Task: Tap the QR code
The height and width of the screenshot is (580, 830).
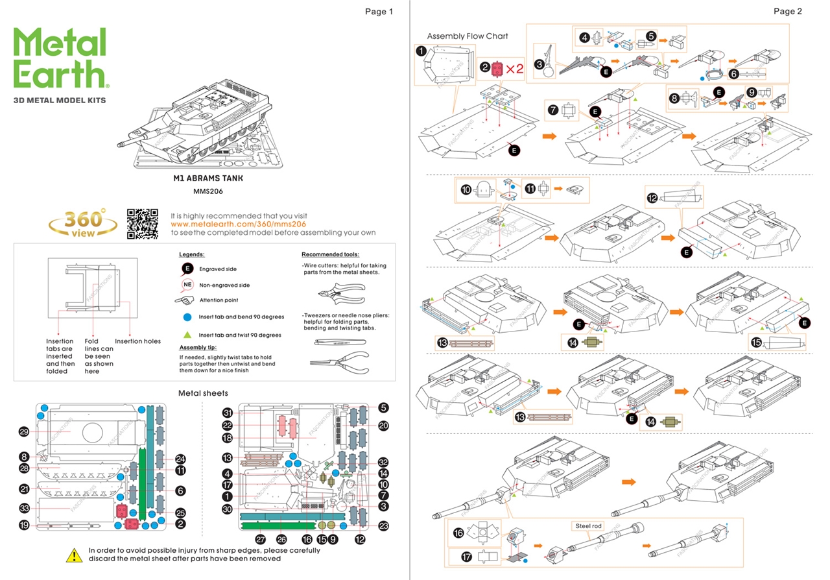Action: (142, 223)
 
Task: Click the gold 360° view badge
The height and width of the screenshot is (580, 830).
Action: (83, 224)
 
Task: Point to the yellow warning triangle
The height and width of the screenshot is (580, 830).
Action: (74, 555)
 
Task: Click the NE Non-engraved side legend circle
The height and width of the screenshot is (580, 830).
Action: (187, 285)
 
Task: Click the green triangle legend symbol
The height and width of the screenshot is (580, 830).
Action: (187, 335)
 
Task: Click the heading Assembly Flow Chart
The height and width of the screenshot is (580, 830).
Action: (468, 36)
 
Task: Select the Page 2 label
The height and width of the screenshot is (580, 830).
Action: (788, 11)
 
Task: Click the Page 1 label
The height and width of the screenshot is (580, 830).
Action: (379, 11)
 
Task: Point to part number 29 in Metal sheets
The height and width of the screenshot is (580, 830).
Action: (25, 432)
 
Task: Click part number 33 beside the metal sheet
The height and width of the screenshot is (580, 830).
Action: (25, 508)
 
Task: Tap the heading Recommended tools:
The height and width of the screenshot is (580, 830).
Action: (330, 254)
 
